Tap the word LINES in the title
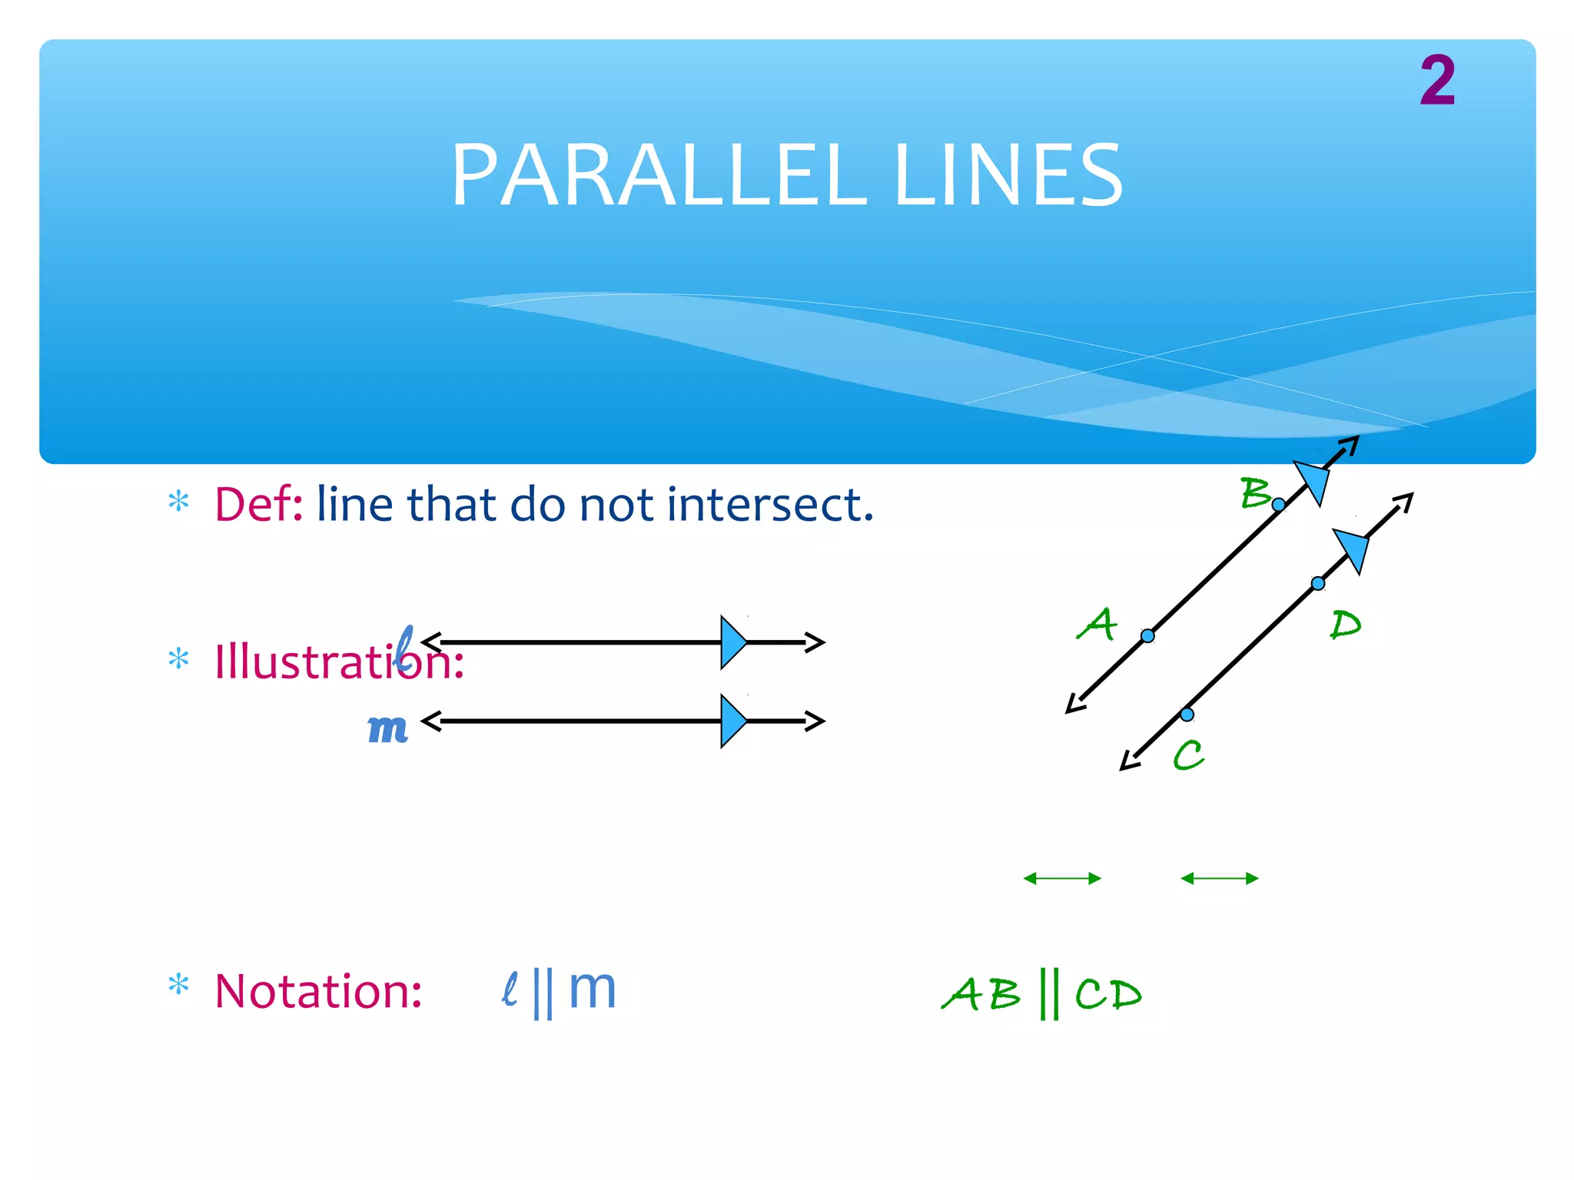[1008, 176]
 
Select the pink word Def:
[259, 505]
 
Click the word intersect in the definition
[769, 505]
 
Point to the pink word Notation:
[318, 991]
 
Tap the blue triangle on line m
[732, 721]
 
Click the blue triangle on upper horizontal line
[732, 642]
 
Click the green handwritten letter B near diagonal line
[1255, 492]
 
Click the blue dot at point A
[1147, 636]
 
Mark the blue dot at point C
[1187, 714]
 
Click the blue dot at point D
[1318, 584]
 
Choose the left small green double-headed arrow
[1062, 878]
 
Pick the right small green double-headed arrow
[1219, 878]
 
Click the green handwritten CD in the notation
[1108, 995]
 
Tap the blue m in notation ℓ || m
[593, 989]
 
